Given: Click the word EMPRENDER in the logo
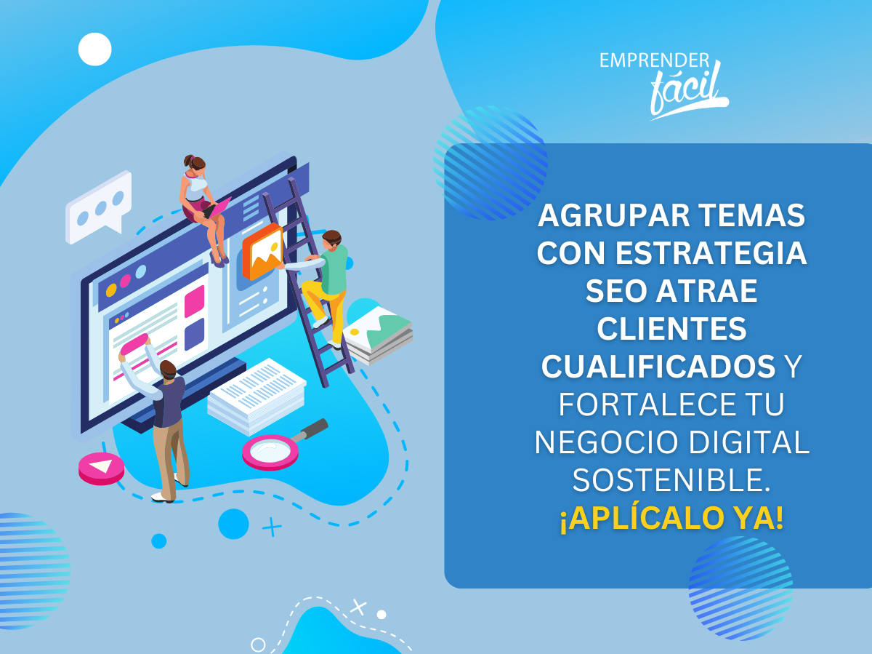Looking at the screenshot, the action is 654,60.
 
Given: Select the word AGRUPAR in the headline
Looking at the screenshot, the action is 614,215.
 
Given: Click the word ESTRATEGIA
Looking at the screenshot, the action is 711,253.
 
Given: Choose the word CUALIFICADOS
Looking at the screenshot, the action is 658,367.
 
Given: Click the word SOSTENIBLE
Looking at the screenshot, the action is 671,480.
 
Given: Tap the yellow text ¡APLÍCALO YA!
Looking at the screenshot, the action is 671,518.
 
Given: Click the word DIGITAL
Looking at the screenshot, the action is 749,442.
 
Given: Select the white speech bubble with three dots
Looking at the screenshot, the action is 99,207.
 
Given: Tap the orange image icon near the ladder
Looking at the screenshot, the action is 262,251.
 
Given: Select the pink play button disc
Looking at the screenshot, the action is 101,468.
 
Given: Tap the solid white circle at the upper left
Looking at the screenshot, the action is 95,49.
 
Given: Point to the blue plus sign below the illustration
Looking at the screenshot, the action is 272,527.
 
